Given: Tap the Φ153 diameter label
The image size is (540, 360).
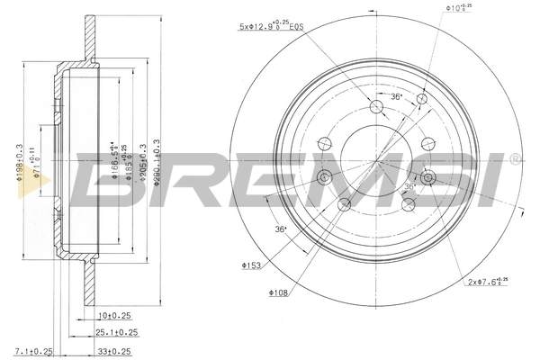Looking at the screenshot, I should coord(251,265).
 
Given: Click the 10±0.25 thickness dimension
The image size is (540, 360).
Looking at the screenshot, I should coord(113,317).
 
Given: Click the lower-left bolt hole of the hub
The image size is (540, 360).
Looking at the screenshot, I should coord(345,206).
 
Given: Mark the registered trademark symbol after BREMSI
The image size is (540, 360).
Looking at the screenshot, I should coord(514,160).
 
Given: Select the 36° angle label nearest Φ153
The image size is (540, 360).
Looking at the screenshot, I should coord(281,229).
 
